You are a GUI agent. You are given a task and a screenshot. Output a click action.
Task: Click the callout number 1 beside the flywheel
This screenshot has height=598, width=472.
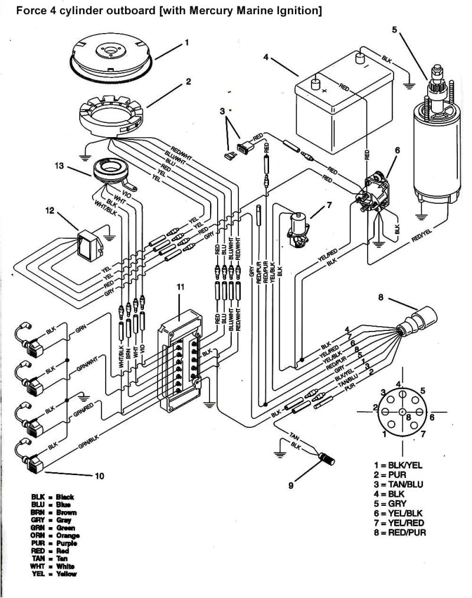(x=187, y=43)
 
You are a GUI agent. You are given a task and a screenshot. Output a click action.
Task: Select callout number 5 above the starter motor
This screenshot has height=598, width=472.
(x=394, y=30)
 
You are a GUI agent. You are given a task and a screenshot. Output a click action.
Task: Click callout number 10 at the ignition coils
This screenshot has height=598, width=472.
(x=100, y=476)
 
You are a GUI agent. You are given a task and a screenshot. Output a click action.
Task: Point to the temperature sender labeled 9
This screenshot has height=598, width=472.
(x=326, y=457)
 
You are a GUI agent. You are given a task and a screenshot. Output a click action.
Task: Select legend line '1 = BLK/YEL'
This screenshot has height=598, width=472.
(x=399, y=466)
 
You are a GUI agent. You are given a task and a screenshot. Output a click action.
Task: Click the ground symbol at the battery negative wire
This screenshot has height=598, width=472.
(x=408, y=84)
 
